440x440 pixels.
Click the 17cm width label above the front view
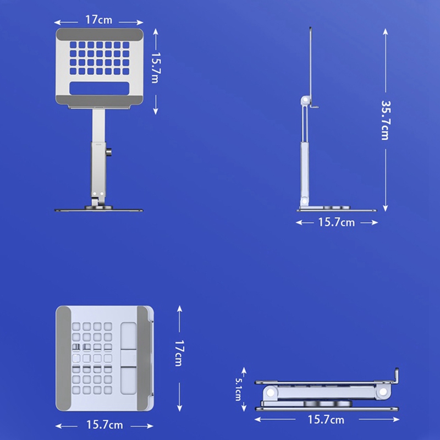coord(99,20)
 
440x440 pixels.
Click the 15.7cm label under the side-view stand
coord(337,223)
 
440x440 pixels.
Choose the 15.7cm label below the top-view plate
coord(105,425)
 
